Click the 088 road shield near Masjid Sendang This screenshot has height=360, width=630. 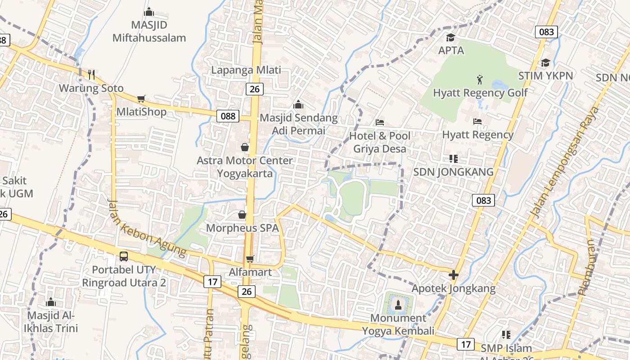tap(228, 116)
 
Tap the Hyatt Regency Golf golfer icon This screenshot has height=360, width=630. tap(480, 80)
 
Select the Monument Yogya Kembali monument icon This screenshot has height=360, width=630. tap(398, 305)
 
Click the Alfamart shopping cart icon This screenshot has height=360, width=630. tap(250, 259)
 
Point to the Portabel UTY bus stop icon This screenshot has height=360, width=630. tap(124, 256)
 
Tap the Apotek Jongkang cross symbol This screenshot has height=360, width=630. tap(454, 274)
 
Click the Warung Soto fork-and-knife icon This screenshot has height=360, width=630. tap(91, 74)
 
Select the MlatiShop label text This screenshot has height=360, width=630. tap(141, 112)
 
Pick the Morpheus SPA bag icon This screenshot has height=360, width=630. tap(242, 215)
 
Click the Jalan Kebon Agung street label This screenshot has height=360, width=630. tap(146, 229)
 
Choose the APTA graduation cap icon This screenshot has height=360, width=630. tap(450, 37)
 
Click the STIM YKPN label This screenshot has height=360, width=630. tap(545, 76)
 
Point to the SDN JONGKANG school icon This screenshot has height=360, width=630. tap(454, 158)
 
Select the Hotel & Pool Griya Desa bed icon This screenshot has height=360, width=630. tap(380, 122)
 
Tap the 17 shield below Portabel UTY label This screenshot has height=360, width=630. tap(212, 282)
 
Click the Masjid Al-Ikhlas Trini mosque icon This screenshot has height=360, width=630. tap(51, 302)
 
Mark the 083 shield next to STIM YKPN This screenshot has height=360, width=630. tap(546, 31)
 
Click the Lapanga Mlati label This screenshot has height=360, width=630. tap(246, 70)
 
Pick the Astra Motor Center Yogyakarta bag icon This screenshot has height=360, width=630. tap(244, 147)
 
